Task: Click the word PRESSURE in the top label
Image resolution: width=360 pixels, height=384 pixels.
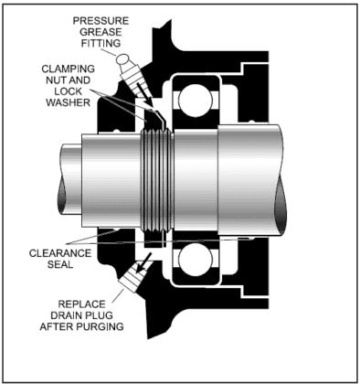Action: click(x=101, y=21)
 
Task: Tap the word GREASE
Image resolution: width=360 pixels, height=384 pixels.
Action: click(x=101, y=32)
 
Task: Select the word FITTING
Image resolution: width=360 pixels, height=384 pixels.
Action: click(x=101, y=43)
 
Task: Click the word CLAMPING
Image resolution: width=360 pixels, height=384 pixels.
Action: click(x=69, y=69)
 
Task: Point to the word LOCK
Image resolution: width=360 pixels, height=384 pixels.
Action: click(x=69, y=91)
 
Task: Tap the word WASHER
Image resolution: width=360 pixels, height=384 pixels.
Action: click(x=69, y=102)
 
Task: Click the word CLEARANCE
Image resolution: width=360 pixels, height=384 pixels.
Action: click(x=60, y=253)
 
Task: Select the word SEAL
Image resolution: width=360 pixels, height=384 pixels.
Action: click(x=60, y=264)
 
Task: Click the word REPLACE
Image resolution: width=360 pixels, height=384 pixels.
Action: click(x=81, y=304)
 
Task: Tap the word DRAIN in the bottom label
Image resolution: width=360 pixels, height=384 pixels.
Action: click(x=68, y=315)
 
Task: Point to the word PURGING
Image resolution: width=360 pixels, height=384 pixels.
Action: click(x=100, y=326)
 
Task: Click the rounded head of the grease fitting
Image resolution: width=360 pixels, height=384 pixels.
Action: click(x=123, y=59)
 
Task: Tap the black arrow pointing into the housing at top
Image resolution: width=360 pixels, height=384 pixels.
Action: click(x=144, y=93)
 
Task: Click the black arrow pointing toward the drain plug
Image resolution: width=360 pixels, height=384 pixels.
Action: click(x=144, y=262)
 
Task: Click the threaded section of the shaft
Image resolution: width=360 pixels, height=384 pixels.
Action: click(x=156, y=181)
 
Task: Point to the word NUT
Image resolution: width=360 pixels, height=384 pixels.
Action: click(x=56, y=80)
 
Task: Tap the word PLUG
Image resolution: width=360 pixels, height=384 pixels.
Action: click(x=100, y=315)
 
